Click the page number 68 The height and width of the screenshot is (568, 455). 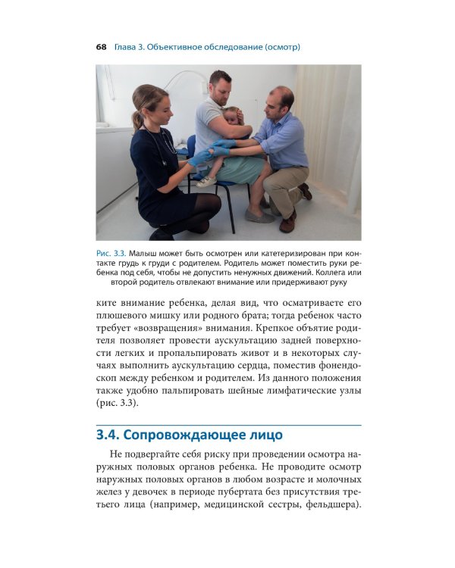101,47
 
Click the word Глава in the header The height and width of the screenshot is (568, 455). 127,47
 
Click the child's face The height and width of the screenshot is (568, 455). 230,117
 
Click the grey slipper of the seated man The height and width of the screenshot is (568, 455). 258,216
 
